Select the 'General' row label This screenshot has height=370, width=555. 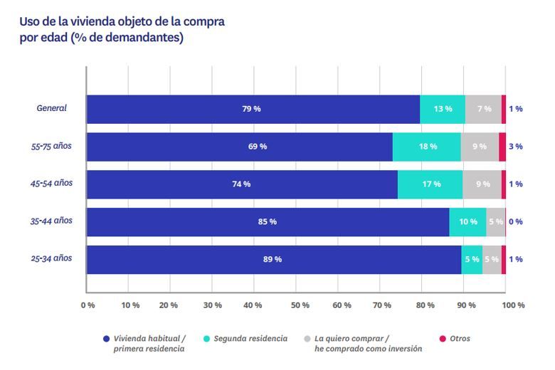[x=51, y=108]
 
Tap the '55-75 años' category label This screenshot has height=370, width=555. [x=51, y=147]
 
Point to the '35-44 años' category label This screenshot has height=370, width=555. [x=51, y=221]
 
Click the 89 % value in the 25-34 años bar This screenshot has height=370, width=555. [x=273, y=260]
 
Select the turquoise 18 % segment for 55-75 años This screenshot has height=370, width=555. [x=427, y=147]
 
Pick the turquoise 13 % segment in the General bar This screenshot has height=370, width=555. [x=443, y=109]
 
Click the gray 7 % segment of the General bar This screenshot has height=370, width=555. [x=483, y=109]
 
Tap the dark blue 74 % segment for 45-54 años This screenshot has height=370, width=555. [x=241, y=184]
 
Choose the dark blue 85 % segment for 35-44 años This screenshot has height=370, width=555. [x=268, y=222]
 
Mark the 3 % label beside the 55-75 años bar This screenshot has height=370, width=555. [x=516, y=147]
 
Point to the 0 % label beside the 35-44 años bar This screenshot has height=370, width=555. [x=516, y=222]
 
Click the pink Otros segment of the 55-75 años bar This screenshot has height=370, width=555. [x=502, y=147]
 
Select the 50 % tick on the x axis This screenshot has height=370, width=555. [x=300, y=305]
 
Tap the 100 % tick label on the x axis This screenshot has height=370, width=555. [x=513, y=305]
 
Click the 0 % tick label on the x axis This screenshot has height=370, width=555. [x=88, y=305]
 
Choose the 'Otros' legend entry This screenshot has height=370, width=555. [x=459, y=339]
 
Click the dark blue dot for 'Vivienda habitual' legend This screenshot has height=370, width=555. [x=106, y=339]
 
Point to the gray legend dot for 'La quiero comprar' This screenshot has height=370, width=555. [x=307, y=339]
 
